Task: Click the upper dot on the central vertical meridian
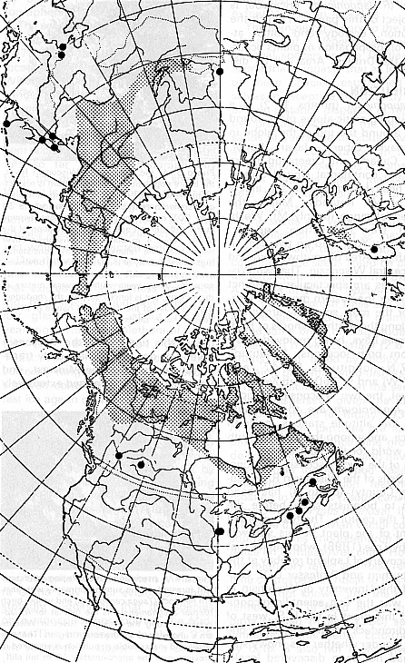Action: [220, 70]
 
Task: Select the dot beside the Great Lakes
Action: [219, 531]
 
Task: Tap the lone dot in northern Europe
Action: [375, 248]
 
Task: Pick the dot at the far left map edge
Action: [6, 123]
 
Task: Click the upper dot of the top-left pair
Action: [61, 45]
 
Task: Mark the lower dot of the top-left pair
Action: [61, 55]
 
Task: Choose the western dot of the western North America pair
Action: [119, 455]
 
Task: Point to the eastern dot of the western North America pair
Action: [141, 464]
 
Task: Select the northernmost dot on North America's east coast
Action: [313, 483]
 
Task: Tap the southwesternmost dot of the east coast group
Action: [290, 515]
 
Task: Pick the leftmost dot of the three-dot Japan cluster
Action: [42, 140]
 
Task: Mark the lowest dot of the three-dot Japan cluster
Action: [54, 148]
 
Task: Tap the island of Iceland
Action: [352, 319]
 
